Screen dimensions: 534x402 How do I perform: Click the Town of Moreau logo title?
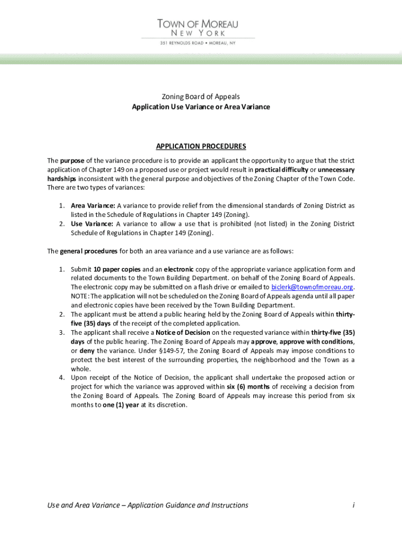coord(198,24)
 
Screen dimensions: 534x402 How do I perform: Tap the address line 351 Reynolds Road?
coord(198,43)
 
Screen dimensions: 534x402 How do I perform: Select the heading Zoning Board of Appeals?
coord(201,96)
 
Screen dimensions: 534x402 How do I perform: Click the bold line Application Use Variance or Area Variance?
coord(201,107)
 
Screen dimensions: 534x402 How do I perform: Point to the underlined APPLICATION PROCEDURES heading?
coord(201,146)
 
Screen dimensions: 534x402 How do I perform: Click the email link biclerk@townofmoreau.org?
coord(312,287)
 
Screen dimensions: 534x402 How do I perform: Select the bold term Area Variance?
coord(93,205)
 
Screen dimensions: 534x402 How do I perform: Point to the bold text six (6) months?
coord(248,386)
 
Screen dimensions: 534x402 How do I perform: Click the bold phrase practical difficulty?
coord(281,169)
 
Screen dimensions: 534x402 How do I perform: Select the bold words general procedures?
coord(89,251)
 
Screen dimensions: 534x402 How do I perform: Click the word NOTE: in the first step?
coord(80,296)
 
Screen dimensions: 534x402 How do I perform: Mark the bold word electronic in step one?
coord(180,269)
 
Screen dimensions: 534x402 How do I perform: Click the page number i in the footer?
coord(353,505)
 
